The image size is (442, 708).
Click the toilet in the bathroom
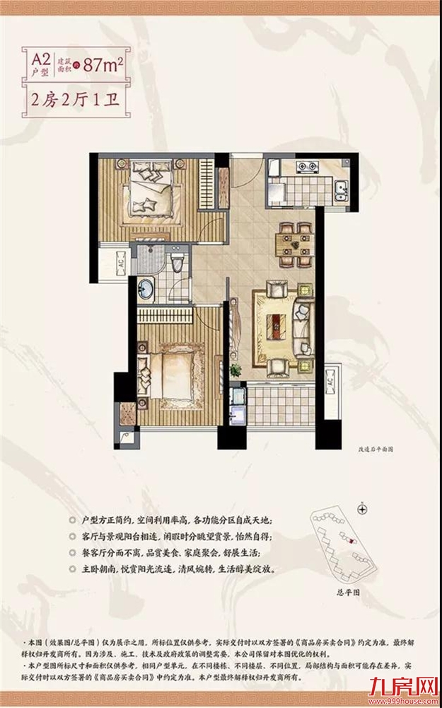(x=178, y=264)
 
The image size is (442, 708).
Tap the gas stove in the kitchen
(x=307, y=168)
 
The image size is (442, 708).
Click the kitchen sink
(x=341, y=189)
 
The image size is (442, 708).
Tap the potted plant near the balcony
(x=235, y=370)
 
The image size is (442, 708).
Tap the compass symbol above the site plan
(x=362, y=508)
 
